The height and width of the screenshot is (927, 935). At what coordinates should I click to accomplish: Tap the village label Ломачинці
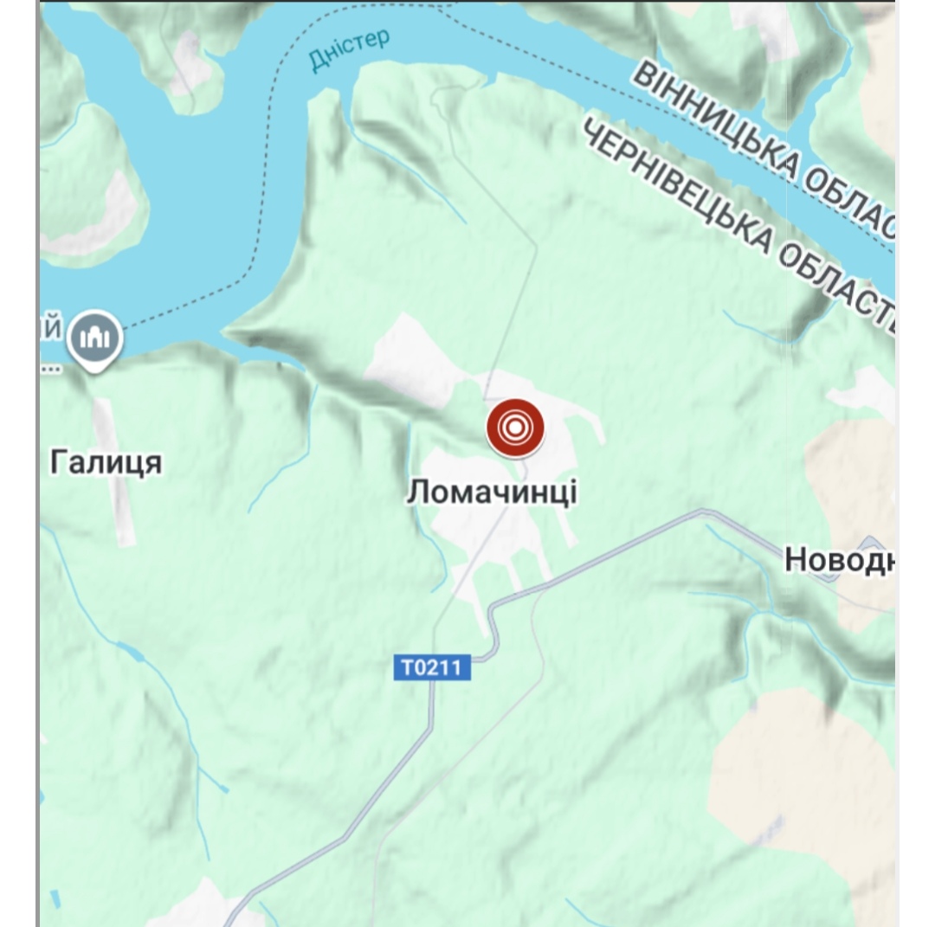(492, 492)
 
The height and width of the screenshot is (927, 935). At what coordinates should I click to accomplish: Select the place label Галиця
(106, 463)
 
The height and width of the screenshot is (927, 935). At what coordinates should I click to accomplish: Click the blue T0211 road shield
(432, 667)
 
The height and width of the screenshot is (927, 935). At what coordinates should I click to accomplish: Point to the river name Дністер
(349, 51)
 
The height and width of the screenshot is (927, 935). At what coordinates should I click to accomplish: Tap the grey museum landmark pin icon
(94, 337)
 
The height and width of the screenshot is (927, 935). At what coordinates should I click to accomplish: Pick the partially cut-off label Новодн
(838, 561)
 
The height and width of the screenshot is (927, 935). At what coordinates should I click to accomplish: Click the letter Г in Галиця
(59, 463)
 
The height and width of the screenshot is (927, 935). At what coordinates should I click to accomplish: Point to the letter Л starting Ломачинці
(417, 492)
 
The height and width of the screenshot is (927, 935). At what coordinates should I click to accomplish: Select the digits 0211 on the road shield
(442, 667)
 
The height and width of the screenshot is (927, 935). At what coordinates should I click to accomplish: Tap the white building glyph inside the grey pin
(94, 336)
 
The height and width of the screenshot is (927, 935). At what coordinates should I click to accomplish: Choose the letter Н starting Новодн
(796, 561)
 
